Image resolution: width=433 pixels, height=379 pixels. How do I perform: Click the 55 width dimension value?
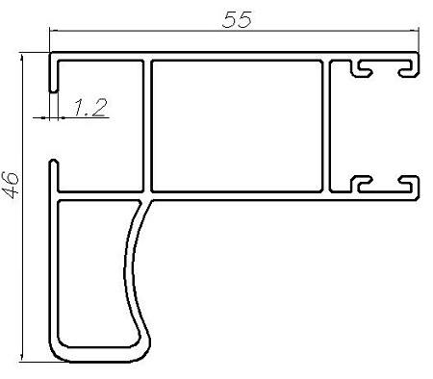pyautogui.click(x=237, y=19)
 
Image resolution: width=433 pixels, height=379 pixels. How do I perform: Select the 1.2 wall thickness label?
pyautogui.click(x=89, y=107)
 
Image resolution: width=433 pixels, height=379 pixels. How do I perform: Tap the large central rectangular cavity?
pyautogui.click(x=237, y=126)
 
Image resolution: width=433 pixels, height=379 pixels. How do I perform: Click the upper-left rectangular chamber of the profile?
pyautogui.click(x=100, y=126)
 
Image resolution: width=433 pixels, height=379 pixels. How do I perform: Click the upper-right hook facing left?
pyautogui.click(x=409, y=67)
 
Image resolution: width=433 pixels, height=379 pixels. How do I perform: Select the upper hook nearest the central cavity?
pyautogui.click(x=361, y=68)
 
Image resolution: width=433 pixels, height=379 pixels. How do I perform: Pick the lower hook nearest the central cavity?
pyautogui.click(x=361, y=185)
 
